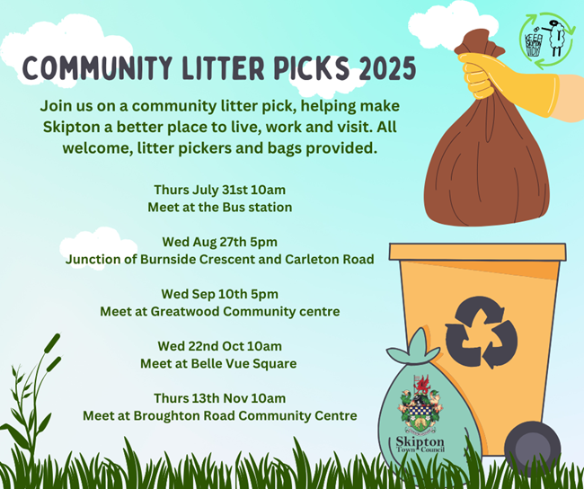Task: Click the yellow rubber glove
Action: (508, 83)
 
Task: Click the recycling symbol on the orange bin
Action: (482, 332)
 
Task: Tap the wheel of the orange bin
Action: (532, 445)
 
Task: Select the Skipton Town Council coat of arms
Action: (420, 405)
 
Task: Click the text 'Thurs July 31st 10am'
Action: (220, 190)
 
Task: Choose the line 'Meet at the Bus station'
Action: (220, 208)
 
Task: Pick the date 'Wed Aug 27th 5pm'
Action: (220, 242)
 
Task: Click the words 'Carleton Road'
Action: (330, 260)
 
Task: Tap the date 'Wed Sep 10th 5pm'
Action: (220, 294)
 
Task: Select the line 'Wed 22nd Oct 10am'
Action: (220, 346)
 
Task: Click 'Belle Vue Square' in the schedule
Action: (244, 364)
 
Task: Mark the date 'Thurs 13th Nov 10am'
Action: (220, 398)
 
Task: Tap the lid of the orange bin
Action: (478, 252)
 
